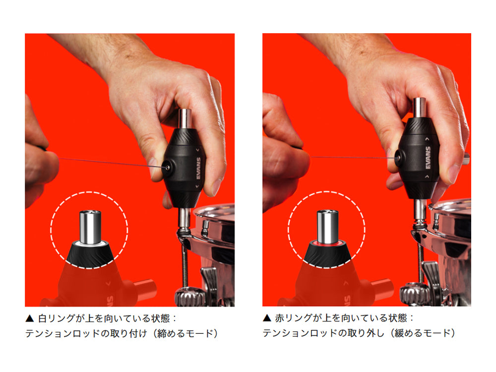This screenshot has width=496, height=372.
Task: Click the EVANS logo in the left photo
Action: click(x=199, y=168)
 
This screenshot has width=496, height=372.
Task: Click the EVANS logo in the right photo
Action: click(x=428, y=158)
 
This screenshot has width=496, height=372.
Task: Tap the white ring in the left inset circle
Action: click(x=90, y=243)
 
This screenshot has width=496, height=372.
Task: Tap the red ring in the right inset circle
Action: click(x=328, y=243)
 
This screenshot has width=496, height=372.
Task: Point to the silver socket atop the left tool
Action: click(x=186, y=119)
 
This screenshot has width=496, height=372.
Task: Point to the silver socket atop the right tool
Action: click(x=420, y=108)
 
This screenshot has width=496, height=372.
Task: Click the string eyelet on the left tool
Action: click(x=167, y=166)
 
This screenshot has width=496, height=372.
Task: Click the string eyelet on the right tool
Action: click(x=399, y=157)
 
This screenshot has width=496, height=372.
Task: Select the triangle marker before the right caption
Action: click(x=267, y=318)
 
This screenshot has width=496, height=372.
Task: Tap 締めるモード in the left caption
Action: click(x=185, y=333)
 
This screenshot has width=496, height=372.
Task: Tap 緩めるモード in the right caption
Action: click(x=422, y=333)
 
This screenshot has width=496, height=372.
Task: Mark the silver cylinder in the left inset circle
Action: click(x=90, y=227)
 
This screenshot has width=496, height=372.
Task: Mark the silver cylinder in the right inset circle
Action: click(x=328, y=227)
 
